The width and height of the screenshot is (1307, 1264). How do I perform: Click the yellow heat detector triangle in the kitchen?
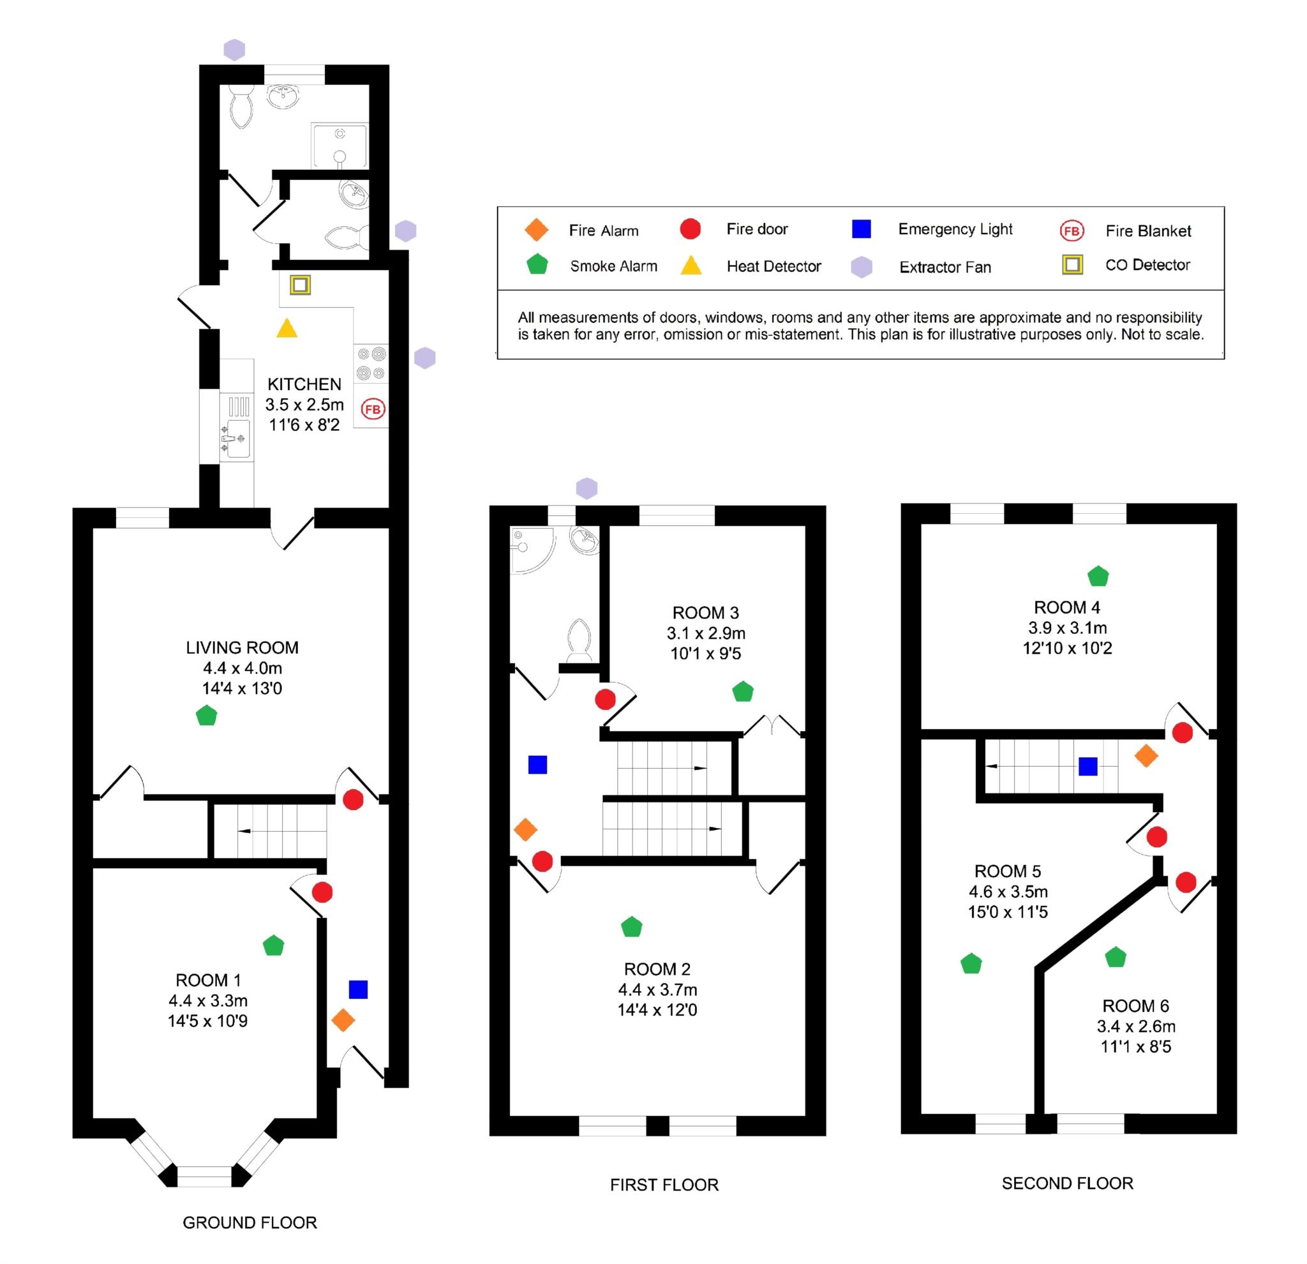[x=287, y=329]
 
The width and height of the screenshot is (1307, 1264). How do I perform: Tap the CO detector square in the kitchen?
[x=300, y=285]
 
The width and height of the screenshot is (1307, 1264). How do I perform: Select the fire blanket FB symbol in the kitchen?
[x=373, y=409]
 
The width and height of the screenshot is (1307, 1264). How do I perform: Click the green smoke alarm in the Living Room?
[x=207, y=716]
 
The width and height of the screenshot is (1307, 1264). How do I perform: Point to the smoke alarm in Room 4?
[x=1098, y=576]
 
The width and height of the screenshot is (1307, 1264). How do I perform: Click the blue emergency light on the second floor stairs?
[x=1087, y=767]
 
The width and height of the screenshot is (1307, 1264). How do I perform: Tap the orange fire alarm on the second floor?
[x=1146, y=756]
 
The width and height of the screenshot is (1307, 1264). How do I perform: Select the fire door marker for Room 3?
[x=605, y=700]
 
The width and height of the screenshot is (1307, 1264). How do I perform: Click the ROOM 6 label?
[x=1135, y=1006]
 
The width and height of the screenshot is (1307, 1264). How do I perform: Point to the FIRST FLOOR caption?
[x=664, y=1185]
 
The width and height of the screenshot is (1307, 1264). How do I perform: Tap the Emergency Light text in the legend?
[x=955, y=229]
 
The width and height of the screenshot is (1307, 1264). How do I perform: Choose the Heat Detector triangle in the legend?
[x=691, y=266]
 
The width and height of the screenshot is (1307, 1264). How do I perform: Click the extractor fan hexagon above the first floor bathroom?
[x=587, y=488]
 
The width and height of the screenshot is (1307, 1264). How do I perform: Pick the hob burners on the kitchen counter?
[x=371, y=363]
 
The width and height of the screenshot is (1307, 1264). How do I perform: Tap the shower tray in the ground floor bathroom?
[x=340, y=146]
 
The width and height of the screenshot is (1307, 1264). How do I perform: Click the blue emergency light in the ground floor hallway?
[x=358, y=989]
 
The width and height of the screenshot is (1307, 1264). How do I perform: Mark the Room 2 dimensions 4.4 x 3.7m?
[x=657, y=989]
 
